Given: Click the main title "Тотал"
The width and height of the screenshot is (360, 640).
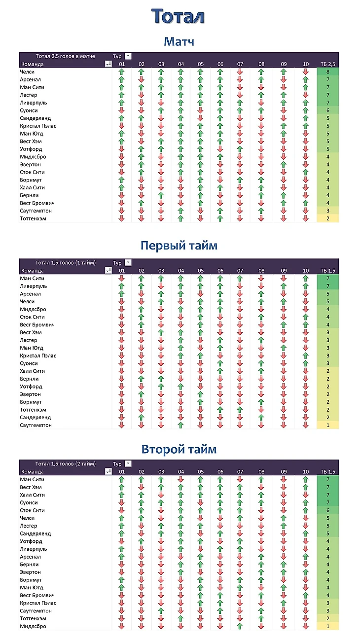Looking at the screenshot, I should (178, 16).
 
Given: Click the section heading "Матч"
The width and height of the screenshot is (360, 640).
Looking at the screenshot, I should (179, 41).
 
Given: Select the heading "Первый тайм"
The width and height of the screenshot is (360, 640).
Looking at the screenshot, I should (179, 246).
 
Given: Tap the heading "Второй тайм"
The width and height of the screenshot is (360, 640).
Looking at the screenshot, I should (179, 449).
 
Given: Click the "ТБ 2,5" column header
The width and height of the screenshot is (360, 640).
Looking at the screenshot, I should (328, 64).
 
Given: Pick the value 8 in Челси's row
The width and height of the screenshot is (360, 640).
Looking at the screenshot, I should (328, 72).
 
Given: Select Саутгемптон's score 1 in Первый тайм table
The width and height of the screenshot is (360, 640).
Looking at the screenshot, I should (328, 425).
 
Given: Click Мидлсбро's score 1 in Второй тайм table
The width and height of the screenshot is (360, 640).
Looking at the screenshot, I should (328, 626).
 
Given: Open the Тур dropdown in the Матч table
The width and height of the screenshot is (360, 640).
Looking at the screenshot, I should (128, 56).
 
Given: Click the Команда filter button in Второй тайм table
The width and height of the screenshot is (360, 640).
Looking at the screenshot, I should (108, 471).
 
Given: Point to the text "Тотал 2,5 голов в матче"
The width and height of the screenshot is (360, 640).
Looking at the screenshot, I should (65, 56).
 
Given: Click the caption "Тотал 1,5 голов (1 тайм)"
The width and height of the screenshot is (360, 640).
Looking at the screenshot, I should (66, 263).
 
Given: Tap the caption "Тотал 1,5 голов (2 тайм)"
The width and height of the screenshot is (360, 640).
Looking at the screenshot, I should (66, 464).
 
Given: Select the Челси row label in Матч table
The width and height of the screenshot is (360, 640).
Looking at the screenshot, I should (27, 72).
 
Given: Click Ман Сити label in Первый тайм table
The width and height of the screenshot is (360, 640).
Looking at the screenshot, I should (32, 279).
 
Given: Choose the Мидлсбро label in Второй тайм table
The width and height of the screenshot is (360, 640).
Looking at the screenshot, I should (33, 626).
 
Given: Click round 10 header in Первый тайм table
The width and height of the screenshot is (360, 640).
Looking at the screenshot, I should (305, 271).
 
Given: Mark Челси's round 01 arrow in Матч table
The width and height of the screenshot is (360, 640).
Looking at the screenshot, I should (122, 72).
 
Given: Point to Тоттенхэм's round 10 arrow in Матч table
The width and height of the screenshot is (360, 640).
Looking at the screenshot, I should (305, 218).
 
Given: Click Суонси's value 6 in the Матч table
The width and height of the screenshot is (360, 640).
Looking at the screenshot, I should (328, 110).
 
